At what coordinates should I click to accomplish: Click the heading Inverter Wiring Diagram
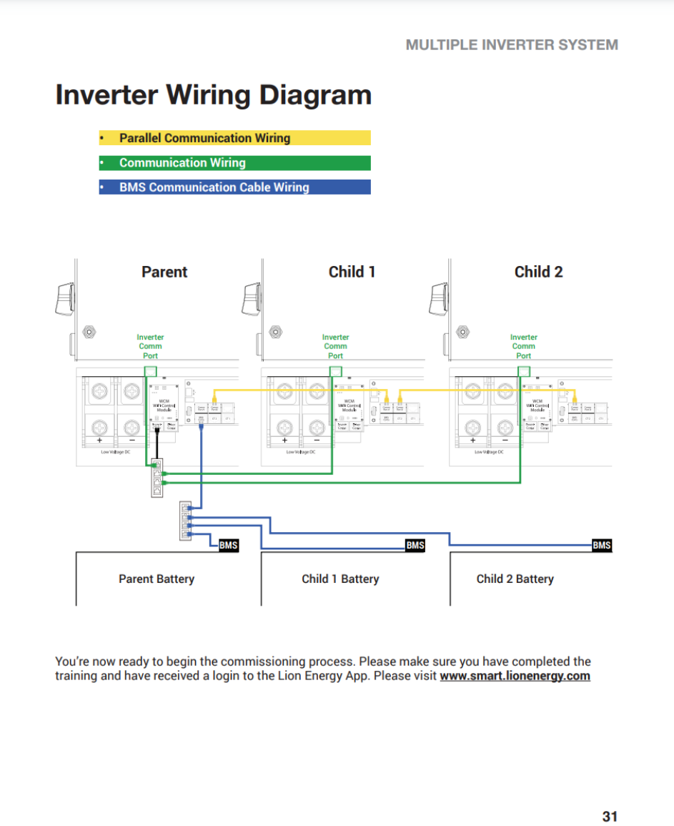[213, 95]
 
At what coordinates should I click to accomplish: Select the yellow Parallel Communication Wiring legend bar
[234, 138]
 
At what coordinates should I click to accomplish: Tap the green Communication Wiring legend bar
[234, 163]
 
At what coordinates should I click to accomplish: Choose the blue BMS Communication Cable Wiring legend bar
[234, 187]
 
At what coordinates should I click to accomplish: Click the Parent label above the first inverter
[164, 272]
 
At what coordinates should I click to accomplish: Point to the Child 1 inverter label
[352, 272]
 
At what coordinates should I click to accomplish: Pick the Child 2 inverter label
[538, 272]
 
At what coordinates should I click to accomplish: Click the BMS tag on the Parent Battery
[228, 546]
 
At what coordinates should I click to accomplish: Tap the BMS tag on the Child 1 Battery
[415, 546]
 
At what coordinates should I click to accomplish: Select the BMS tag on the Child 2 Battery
[602, 546]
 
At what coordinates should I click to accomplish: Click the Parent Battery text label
[157, 579]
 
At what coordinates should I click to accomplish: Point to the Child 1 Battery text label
[340, 579]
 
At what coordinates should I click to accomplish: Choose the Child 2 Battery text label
[515, 579]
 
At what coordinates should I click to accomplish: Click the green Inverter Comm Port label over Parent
[150, 346]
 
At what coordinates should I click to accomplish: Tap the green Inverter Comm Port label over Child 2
[524, 346]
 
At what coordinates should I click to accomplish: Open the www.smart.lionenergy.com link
[515, 676]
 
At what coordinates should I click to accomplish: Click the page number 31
[610, 816]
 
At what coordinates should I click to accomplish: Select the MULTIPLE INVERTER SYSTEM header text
[512, 44]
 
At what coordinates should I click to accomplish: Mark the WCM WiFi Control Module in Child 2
[537, 405]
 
